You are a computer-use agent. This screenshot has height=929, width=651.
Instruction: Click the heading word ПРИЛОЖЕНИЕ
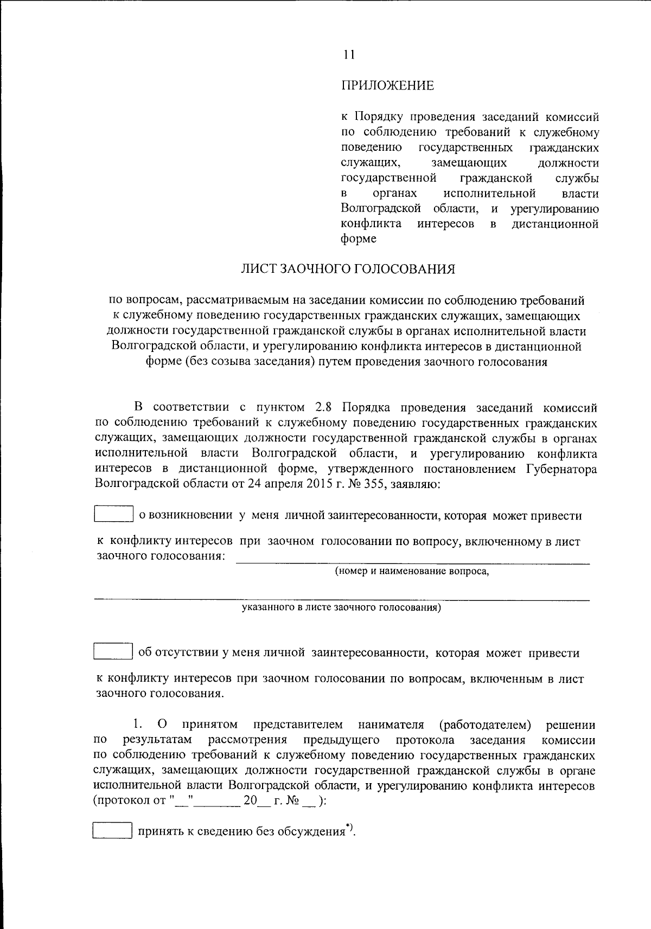pos(387,85)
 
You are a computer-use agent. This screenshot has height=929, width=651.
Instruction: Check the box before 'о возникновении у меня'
pos(114,514)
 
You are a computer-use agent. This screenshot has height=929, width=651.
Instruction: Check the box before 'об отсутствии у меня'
pos(113,651)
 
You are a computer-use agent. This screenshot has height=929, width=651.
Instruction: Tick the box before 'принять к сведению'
pos(112,830)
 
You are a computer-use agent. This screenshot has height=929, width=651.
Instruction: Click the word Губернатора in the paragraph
pos(561,469)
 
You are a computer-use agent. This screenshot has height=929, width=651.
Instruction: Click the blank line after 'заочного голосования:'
pos(412,562)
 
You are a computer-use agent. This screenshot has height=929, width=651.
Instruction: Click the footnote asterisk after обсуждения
pos(348,827)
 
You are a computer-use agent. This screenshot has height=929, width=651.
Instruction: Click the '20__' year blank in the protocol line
pos(256,801)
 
